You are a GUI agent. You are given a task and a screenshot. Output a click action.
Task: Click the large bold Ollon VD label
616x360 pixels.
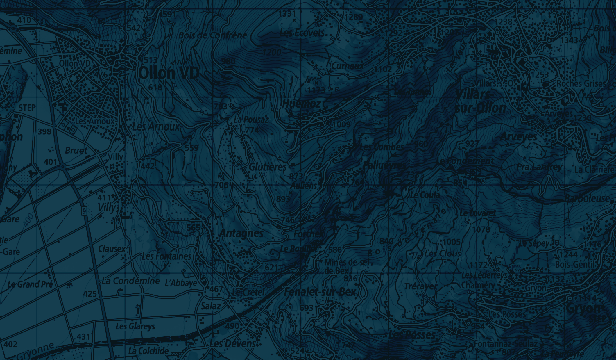click(169, 73)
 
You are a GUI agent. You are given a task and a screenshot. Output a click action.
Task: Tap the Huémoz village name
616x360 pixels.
click(301, 104)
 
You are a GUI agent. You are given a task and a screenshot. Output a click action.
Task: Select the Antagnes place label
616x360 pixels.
click(241, 233)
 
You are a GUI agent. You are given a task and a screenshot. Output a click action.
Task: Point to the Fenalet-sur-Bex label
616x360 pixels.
click(320, 292)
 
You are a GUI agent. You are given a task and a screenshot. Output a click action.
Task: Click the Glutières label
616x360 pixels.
click(268, 167)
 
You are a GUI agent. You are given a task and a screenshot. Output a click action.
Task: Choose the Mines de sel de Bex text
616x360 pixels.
click(346, 266)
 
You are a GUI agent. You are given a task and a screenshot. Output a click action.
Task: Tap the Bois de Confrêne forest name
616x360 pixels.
click(213, 35)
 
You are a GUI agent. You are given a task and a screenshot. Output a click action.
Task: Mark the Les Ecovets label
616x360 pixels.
click(301, 33)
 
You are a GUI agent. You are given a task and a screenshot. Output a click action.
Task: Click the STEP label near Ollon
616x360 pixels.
click(27, 108)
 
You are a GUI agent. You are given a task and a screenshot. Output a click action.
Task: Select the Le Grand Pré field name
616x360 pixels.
click(30, 284)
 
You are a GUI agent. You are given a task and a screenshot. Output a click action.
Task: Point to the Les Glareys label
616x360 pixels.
click(135, 326)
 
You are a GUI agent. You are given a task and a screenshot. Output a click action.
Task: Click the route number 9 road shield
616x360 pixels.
click(84, 212)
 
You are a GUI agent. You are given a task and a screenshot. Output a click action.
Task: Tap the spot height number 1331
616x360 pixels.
click(287, 14)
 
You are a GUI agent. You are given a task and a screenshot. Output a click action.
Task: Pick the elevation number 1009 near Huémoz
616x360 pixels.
click(342, 124)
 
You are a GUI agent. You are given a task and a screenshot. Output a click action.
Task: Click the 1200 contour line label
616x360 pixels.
click(272, 52)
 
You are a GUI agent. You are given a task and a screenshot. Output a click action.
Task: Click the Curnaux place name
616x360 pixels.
click(347, 66)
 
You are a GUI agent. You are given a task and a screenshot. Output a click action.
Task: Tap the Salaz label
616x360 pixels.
click(211, 306)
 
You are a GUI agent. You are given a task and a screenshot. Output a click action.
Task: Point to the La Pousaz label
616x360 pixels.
click(251, 120)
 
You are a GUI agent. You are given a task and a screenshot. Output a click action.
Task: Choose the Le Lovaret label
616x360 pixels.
click(478, 213)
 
